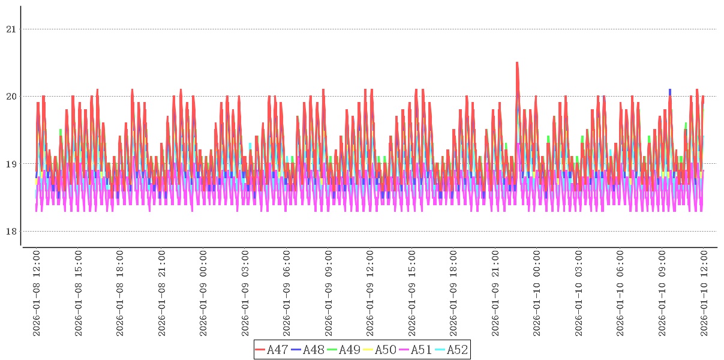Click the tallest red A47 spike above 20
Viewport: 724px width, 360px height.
click(x=517, y=64)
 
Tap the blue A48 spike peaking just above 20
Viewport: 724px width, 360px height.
click(x=670, y=91)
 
